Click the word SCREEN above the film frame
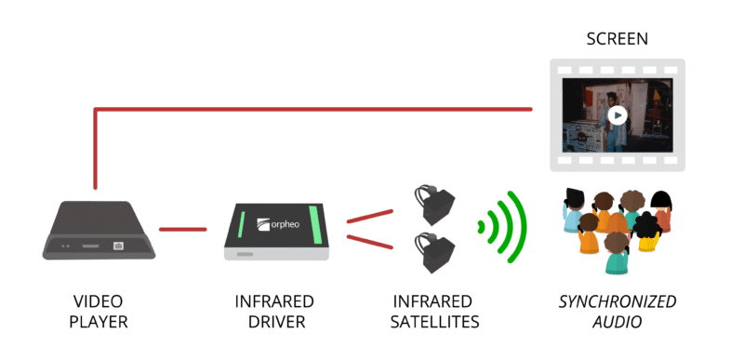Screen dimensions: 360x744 pos(616,40)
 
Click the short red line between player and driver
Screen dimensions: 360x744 pos(183,228)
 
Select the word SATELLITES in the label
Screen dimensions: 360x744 pos(435,323)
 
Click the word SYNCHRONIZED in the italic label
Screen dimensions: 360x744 pos(617,302)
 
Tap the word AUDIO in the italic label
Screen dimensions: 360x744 pos(617,323)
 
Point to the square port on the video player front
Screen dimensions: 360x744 pos(118,247)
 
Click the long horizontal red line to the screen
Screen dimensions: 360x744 pos(316,110)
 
